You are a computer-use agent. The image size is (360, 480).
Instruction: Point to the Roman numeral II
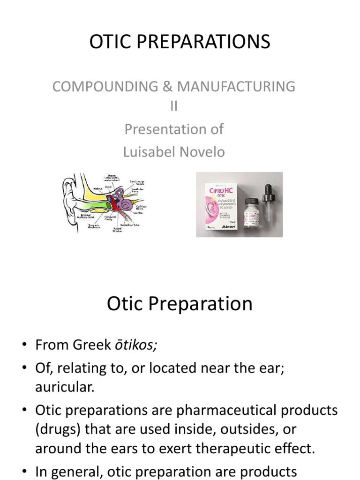click(174, 107)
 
